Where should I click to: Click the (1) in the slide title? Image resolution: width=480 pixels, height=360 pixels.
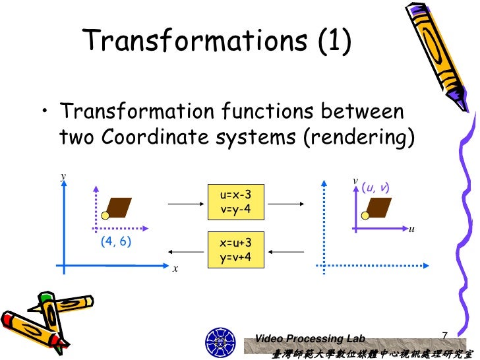click(334, 41)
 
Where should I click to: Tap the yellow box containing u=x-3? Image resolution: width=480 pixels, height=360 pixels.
click(235, 202)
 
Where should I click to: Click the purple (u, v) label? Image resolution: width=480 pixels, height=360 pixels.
click(375, 189)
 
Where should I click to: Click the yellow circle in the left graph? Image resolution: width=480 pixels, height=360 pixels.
click(105, 215)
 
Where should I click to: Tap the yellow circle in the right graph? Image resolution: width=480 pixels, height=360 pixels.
click(365, 215)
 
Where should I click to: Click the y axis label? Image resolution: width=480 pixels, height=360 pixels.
click(63, 177)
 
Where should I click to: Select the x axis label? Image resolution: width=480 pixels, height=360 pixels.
click(175, 269)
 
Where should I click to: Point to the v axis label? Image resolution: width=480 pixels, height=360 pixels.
click(355, 180)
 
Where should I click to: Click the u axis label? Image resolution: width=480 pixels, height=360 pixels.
click(411, 229)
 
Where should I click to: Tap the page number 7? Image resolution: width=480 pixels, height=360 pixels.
click(444, 336)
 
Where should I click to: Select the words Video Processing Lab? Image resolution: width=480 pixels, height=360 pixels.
click(309, 338)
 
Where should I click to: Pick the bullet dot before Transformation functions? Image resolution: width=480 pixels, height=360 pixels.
click(45, 113)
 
